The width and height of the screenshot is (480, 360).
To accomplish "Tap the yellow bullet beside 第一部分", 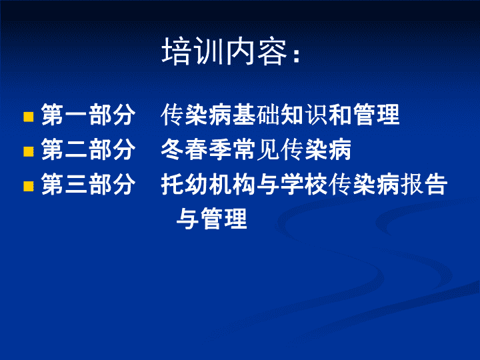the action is pos(29,117).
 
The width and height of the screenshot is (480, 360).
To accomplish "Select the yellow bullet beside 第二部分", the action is pos(29,151).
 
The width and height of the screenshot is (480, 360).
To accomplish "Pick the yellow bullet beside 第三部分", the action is pos(29,186).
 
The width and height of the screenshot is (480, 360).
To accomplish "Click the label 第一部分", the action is pos(89,115).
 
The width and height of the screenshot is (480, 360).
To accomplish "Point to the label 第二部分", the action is pos(89,149).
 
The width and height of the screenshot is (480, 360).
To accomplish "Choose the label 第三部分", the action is pos(89,184).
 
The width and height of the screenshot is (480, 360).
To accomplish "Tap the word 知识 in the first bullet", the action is pos(304,115).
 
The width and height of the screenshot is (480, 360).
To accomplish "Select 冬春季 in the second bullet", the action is pos(197,149).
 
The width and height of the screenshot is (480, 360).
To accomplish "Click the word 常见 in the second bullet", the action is pos(256,149).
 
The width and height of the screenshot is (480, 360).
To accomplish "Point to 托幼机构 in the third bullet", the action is pos(208,184).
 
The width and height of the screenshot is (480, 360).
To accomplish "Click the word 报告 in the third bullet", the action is pos(424,184).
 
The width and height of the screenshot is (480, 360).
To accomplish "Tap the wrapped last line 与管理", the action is pos(212,219).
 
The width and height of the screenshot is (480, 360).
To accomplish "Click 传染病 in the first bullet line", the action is pos(197,115).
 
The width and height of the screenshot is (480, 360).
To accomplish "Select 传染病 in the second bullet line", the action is pos(315,149).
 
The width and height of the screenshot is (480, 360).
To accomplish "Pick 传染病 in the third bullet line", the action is pos(364,184).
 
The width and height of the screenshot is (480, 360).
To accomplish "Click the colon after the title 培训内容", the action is pos(296,55).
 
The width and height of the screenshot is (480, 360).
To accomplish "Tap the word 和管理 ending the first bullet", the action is pos(364,115).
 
